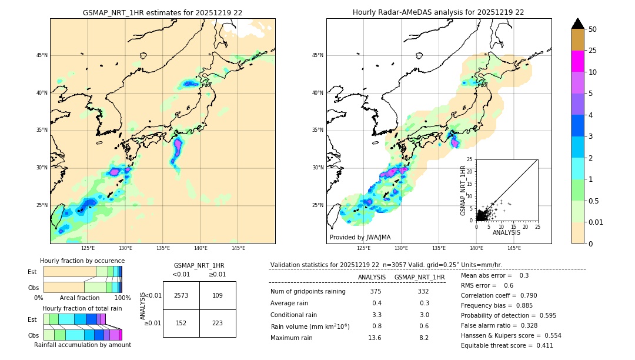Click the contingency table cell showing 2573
point(181,295)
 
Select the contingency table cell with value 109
point(218,295)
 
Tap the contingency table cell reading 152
point(181,322)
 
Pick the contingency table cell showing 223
point(218,322)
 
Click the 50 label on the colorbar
point(593,29)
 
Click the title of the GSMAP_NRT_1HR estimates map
point(162,12)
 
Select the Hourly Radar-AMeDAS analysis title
point(439,12)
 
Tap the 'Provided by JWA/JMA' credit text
point(360,238)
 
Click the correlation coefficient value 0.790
point(527,295)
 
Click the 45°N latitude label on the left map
point(42,55)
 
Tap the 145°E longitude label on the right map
point(514,248)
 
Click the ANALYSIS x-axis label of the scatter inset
point(506,232)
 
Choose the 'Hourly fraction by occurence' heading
point(82,261)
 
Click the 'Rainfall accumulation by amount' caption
point(82,345)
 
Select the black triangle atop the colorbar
point(578,24)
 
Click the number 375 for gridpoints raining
point(376,292)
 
